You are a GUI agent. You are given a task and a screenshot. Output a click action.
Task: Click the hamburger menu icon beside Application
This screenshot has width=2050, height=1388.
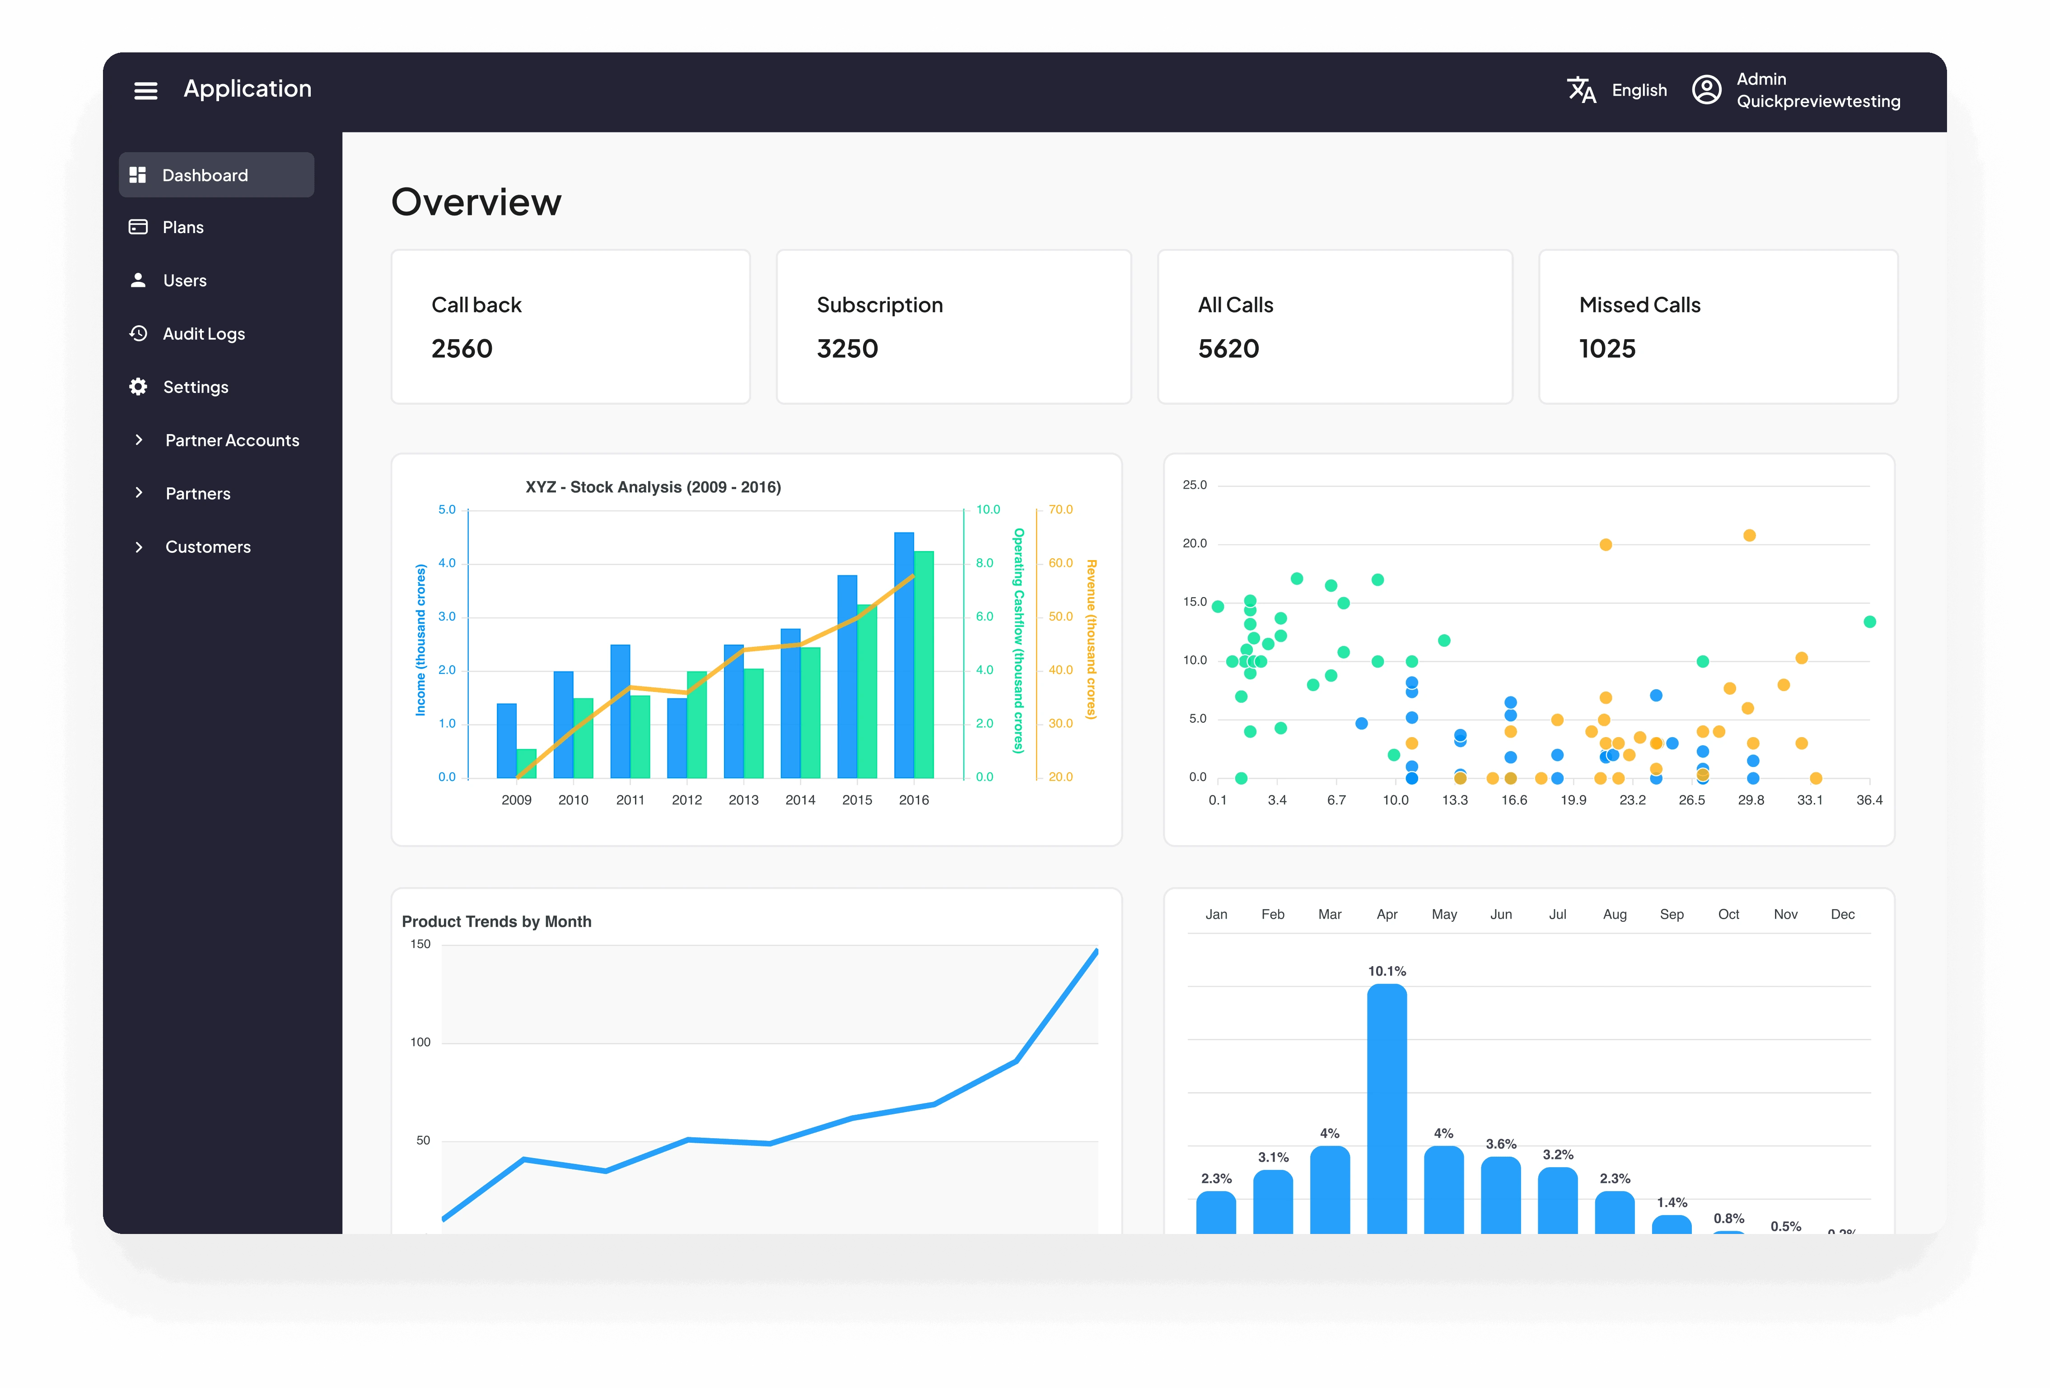coord(145,90)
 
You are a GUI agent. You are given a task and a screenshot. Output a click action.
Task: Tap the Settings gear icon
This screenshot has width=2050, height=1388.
coord(139,387)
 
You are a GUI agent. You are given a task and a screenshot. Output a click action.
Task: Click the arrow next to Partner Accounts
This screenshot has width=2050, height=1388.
coord(139,439)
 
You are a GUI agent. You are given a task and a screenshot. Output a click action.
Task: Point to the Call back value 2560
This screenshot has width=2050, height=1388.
coord(461,349)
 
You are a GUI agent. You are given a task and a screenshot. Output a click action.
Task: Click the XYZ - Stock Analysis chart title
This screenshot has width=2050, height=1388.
coord(653,487)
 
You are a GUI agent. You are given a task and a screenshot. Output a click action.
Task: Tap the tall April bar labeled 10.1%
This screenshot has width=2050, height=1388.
coord(1387,1108)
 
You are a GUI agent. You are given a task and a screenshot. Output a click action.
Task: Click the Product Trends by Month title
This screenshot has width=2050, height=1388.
coord(497,921)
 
